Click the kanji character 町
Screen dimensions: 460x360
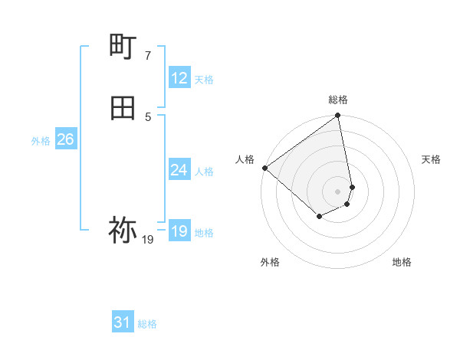[123, 48]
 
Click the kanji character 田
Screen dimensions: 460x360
[123, 109]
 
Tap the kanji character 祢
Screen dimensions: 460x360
[123, 229]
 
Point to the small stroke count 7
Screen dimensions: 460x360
[148, 56]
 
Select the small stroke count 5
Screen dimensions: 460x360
[148, 116]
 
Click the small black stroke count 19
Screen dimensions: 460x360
[148, 240]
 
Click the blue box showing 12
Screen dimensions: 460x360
[179, 78]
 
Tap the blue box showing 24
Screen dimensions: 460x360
[179, 170]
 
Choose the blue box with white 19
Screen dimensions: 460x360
[179, 231]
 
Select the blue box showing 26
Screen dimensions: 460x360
[65, 139]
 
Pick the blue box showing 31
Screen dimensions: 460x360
[122, 323]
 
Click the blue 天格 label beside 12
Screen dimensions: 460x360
[204, 79]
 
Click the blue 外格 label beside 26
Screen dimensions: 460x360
[41, 140]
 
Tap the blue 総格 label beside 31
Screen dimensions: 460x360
[147, 324]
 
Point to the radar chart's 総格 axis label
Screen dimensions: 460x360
[338, 100]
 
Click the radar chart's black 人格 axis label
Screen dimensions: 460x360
[245, 159]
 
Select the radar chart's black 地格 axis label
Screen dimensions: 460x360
[402, 263]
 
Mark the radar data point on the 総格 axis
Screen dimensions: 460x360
[338, 116]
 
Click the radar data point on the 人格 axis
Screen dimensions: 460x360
[264, 168]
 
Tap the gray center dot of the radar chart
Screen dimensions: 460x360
[338, 191]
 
